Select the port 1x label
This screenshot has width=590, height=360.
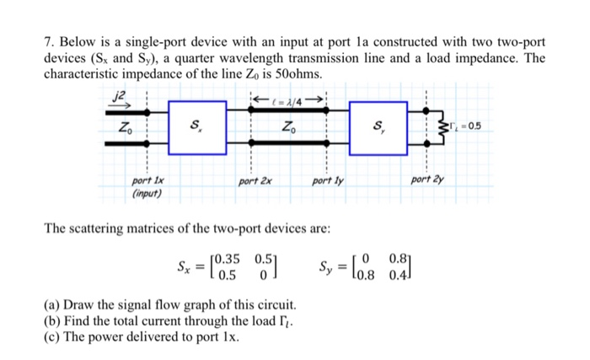[x=146, y=180]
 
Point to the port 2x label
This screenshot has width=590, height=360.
[x=254, y=180]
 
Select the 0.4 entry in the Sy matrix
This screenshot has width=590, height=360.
[x=394, y=275]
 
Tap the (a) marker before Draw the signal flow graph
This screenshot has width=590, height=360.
[x=51, y=304]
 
